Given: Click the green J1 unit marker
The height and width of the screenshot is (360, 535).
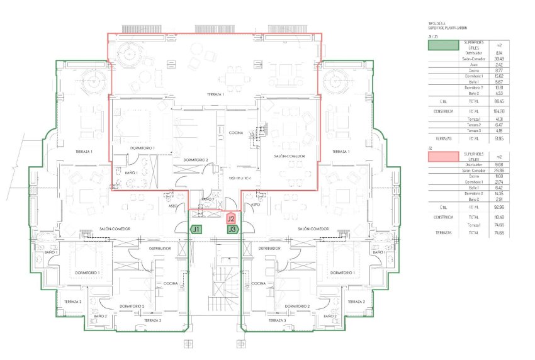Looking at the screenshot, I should tap(196, 230).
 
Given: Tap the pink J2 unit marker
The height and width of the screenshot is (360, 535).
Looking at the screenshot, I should tap(232, 219).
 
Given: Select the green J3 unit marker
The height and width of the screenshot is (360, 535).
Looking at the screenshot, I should tap(233, 230).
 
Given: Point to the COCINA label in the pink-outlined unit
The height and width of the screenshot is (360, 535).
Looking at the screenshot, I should tap(236, 133).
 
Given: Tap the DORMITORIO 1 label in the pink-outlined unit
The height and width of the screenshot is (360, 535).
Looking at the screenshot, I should tap(142, 148).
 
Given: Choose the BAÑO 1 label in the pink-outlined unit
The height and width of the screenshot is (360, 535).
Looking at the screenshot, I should tap(132, 172).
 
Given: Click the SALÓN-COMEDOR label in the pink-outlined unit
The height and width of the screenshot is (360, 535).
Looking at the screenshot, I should tap(290, 156).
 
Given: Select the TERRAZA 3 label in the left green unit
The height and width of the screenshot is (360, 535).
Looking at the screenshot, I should tap(152, 320).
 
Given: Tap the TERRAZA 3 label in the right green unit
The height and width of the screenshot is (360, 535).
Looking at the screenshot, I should tap(276, 320).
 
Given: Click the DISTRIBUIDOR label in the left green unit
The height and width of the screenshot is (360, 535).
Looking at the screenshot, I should tap(160, 249).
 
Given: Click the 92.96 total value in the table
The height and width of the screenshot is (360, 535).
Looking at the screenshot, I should tap(499, 206).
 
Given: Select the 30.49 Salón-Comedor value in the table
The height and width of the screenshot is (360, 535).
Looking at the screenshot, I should tap(499, 59).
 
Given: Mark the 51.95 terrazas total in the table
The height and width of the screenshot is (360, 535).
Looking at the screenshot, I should tap(499, 138).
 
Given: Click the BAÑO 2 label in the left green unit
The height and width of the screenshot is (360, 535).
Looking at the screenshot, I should tap(101, 316).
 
